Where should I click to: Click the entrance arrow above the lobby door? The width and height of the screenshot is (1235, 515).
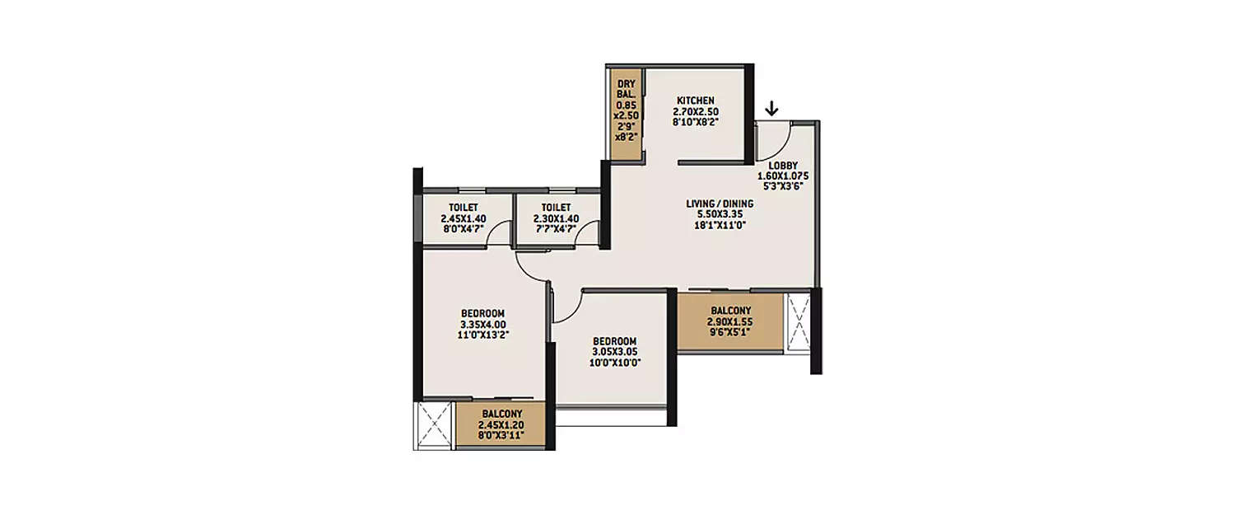pos(771,109)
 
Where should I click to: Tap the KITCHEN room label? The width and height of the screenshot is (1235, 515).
pos(696,101)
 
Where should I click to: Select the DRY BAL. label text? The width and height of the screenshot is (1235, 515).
pos(627,89)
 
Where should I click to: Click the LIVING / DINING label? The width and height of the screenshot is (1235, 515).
pos(720,204)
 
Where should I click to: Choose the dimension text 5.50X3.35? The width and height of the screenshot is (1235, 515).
pos(720,213)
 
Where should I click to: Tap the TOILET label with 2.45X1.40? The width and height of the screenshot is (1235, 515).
pos(464,208)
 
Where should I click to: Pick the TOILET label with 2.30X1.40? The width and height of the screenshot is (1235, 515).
pos(557,208)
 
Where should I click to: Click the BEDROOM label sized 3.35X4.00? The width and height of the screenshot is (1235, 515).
pos(482,313)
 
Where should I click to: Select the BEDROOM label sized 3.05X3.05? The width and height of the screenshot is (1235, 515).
pos(614,341)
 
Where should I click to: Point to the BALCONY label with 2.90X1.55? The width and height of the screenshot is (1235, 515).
pos(729,311)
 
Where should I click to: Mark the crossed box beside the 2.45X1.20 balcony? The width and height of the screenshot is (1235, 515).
pos(434,425)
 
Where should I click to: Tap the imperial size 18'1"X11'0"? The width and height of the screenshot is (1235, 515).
pos(720,223)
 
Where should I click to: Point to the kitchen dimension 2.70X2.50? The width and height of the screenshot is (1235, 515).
pos(696,111)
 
